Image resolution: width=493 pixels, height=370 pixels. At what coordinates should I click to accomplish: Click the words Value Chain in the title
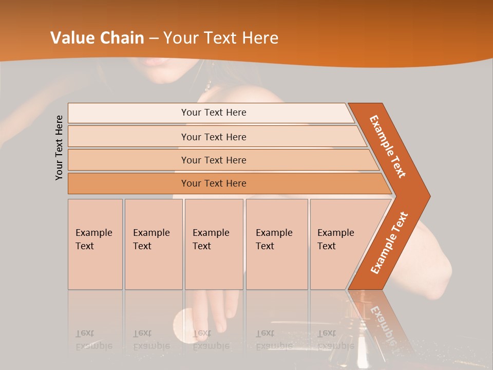click(98, 38)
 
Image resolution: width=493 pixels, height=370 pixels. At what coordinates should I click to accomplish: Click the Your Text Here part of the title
click(221, 38)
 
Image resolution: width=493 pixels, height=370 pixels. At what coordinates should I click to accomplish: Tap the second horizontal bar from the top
click(214, 137)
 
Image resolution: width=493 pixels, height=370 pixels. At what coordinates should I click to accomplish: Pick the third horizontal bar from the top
click(214, 160)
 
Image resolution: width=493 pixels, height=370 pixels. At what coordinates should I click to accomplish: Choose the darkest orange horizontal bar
click(214, 183)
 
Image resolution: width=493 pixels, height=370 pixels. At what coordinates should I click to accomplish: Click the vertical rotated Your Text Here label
click(59, 147)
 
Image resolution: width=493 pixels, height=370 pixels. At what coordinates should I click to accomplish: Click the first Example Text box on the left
click(95, 244)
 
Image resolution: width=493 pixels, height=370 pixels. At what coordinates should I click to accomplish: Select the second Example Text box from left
click(153, 244)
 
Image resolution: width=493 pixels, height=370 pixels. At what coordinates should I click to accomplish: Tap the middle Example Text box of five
click(213, 244)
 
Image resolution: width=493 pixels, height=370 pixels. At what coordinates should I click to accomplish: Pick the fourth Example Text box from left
click(276, 244)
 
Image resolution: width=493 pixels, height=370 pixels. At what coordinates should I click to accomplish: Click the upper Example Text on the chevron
click(388, 146)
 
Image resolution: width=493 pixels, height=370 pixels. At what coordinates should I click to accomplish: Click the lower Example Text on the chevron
click(389, 243)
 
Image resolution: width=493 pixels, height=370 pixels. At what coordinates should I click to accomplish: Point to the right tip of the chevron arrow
click(429, 196)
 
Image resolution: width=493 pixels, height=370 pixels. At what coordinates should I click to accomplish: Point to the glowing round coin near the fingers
click(181, 321)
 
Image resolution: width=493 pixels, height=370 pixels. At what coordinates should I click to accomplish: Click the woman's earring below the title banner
click(208, 85)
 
